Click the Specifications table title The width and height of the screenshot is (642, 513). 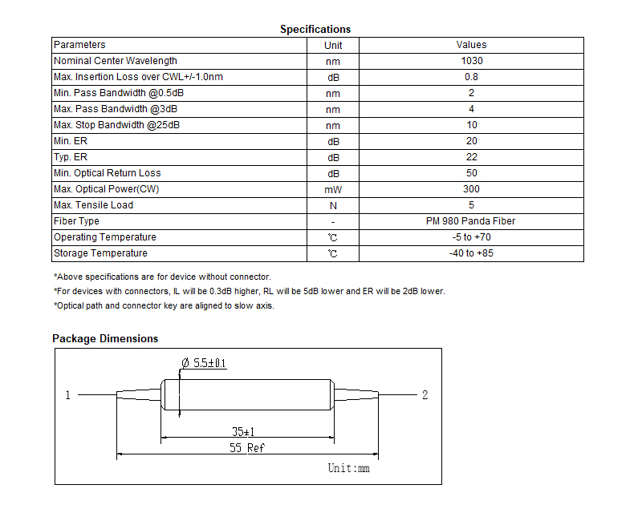tap(315, 30)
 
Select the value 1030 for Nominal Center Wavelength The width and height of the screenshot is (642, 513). tap(472, 61)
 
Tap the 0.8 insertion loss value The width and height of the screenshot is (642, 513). tap(471, 77)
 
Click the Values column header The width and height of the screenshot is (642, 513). tap(471, 45)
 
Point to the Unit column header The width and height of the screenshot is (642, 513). tap(333, 46)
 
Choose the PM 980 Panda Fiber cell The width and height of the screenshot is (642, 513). tap(470, 221)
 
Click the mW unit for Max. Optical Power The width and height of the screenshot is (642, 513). tap(333, 189)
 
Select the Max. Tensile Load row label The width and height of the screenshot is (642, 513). tap(93, 205)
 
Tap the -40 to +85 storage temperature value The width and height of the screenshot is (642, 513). tap(471, 253)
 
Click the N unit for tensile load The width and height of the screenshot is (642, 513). tap(333, 206)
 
